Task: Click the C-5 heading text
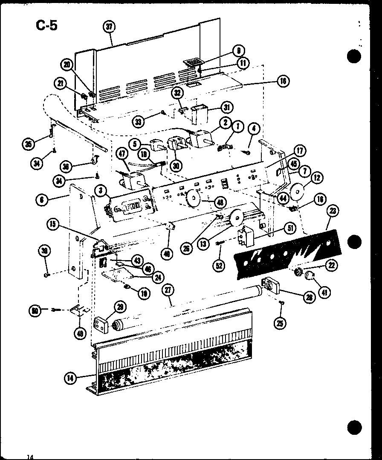47,25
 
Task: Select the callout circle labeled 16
283,81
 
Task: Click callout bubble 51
291,229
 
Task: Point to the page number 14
30,457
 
